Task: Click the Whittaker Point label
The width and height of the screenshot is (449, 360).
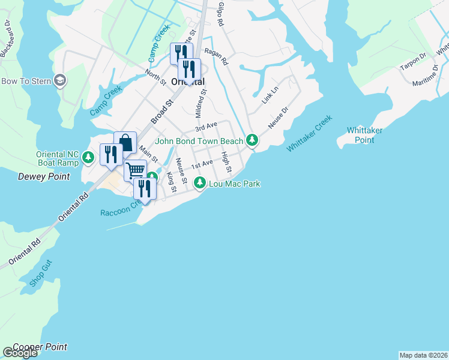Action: tap(364, 135)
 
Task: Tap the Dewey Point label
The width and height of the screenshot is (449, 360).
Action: tap(44, 177)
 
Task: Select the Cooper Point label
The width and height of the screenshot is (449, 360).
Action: tap(40, 347)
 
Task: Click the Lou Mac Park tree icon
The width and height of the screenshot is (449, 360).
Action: tap(200, 183)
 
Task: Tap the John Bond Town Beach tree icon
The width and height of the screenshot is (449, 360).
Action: tap(253, 140)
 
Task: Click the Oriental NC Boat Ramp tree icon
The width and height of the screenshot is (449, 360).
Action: tap(89, 158)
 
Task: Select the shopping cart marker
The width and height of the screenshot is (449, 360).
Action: tap(136, 170)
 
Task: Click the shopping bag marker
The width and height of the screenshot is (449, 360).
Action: tap(125, 142)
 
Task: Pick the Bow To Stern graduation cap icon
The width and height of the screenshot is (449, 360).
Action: tap(59, 80)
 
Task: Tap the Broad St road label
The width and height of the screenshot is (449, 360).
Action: tap(161, 112)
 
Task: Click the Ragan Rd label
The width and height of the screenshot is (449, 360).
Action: tap(216, 57)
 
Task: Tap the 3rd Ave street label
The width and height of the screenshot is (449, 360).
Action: tap(205, 128)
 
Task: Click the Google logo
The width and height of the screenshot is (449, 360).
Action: tap(20, 353)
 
